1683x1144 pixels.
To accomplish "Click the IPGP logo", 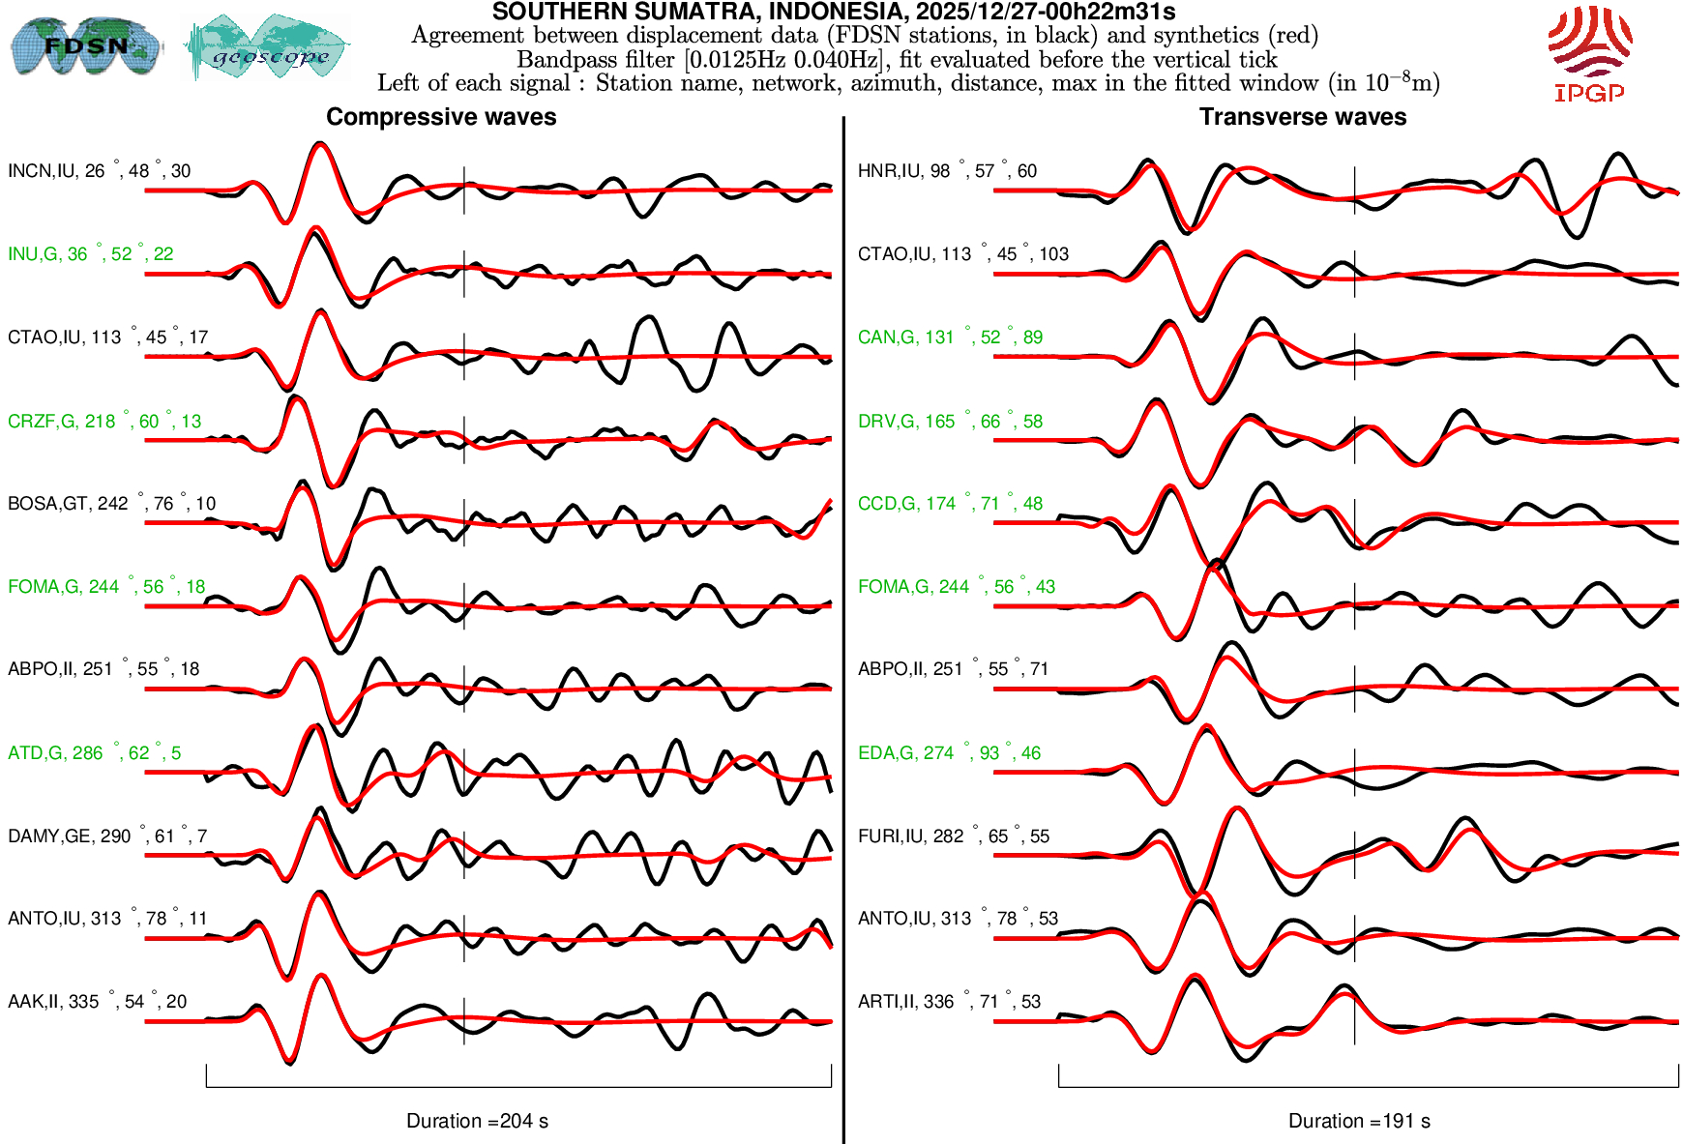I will click(x=1589, y=53).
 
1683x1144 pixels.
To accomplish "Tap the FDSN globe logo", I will click(x=85, y=45).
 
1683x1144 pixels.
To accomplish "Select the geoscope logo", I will click(x=268, y=47).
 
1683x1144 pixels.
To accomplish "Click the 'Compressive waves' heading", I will click(x=441, y=117).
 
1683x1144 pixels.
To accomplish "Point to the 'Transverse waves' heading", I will click(x=1303, y=117).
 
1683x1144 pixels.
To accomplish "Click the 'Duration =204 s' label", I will click(x=477, y=1121).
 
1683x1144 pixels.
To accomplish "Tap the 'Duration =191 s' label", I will click(x=1359, y=1121).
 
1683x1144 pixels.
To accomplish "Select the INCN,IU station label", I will click(x=99, y=171).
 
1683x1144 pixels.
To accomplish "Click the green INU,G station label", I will click(x=90, y=254).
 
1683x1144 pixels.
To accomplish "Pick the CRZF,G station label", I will click(x=104, y=422).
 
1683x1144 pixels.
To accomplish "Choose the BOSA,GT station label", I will click(x=111, y=504).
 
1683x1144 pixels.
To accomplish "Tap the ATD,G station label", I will click(x=94, y=753).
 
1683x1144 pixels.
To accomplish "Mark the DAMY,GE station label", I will click(x=107, y=836).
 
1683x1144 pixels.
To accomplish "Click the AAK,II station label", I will click(x=97, y=1002).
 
